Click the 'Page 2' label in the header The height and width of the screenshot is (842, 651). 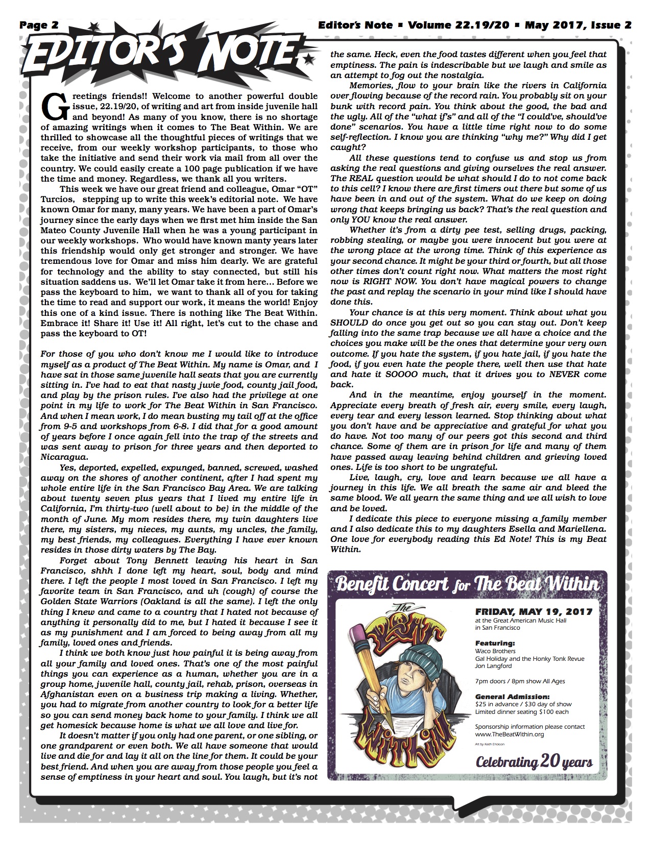click(39, 24)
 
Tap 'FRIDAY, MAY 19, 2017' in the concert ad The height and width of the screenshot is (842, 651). click(534, 611)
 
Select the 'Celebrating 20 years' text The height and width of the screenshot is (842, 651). click(534, 762)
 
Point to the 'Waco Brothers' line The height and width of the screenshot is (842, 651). click(494, 651)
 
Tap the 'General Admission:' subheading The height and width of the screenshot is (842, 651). click(512, 696)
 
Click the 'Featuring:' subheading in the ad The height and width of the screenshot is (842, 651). click(495, 643)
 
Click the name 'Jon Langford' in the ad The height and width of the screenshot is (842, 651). click(493, 666)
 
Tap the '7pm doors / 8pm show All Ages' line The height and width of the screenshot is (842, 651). click(520, 681)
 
